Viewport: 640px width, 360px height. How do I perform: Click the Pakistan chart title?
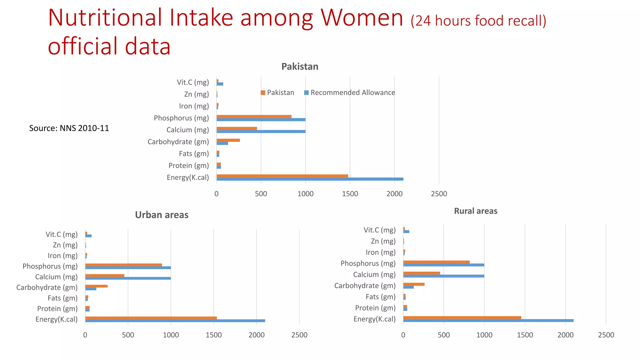tap(300, 67)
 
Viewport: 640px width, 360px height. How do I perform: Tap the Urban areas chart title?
tap(162, 215)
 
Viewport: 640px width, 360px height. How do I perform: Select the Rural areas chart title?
tap(475, 211)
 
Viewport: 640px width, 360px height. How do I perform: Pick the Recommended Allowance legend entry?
tap(350, 92)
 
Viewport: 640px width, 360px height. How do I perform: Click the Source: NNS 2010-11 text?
tap(69, 128)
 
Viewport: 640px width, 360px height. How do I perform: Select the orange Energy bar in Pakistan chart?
tap(282, 176)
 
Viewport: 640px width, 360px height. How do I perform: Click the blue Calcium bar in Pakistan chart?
tap(261, 132)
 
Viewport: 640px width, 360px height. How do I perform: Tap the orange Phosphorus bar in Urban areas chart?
tap(123, 265)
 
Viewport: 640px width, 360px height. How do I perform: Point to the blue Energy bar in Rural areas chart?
tap(488, 321)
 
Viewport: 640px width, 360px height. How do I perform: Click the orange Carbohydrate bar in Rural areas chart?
tap(414, 284)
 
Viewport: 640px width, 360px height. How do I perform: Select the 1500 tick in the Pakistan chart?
tap(350, 194)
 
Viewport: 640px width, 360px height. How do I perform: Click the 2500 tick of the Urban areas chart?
tap(299, 335)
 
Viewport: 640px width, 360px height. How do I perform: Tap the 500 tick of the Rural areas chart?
tap(443, 335)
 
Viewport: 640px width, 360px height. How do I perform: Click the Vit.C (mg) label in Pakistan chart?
tap(193, 82)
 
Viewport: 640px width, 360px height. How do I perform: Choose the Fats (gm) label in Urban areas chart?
tap(62, 298)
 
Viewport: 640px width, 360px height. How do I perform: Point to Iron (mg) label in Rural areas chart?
tap(380, 252)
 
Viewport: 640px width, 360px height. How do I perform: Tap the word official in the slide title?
tap(82, 46)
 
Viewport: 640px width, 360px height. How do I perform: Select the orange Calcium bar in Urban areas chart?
tap(105, 275)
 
